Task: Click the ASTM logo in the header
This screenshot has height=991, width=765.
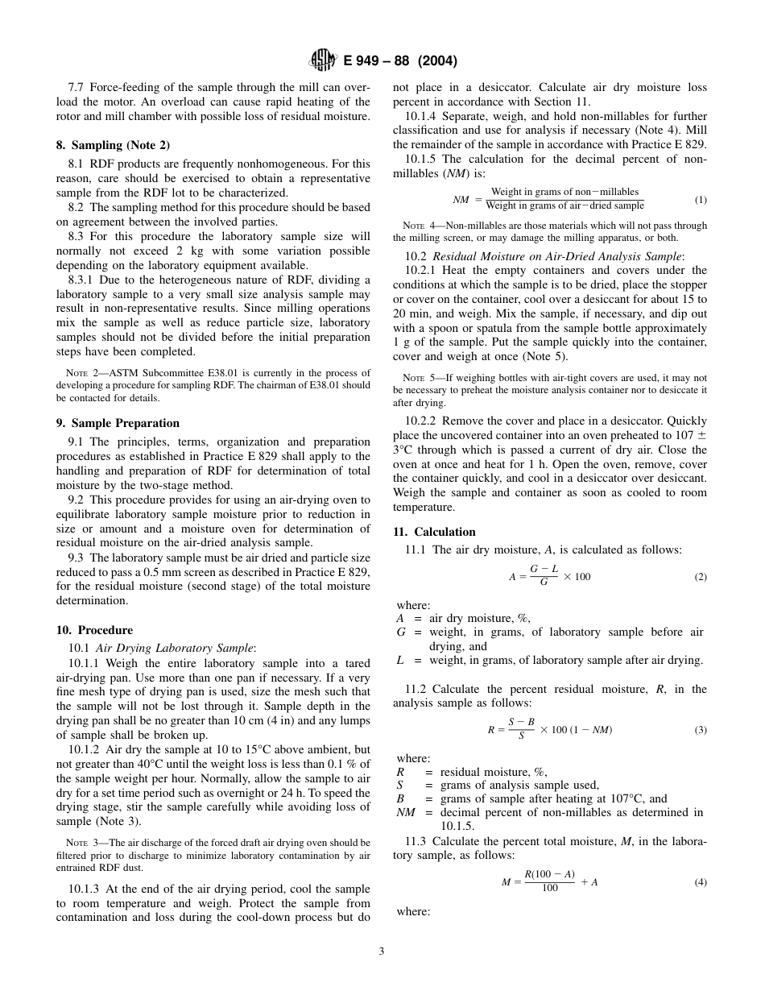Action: (x=324, y=61)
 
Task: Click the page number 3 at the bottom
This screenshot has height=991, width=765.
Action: (x=382, y=951)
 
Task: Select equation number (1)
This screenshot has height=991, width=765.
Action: (x=700, y=199)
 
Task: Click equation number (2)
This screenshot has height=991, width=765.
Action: (x=700, y=577)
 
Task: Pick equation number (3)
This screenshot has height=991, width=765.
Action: (x=700, y=729)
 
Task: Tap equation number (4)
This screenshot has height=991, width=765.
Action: (x=700, y=881)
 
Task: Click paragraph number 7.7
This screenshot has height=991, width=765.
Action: (x=76, y=87)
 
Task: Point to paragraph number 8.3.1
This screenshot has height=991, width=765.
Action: (x=82, y=280)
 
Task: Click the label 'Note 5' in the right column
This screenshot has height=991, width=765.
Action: (x=414, y=378)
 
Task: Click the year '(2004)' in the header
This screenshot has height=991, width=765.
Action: (x=437, y=61)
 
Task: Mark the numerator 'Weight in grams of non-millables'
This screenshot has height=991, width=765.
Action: (x=564, y=192)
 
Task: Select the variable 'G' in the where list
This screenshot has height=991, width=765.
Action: (x=401, y=632)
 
